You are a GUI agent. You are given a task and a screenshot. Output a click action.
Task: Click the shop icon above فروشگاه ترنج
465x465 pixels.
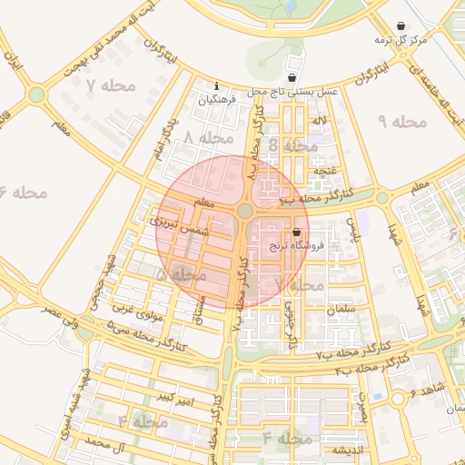pos(296,233)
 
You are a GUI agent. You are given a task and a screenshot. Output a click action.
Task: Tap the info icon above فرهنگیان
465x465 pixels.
pos(215,87)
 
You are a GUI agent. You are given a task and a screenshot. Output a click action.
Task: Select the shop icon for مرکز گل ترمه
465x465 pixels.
pos(401,26)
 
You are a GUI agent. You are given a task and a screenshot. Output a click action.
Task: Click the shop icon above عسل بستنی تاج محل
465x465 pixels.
pos(291,78)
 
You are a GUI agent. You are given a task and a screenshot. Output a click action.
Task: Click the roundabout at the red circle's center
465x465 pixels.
pos(245,212)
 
